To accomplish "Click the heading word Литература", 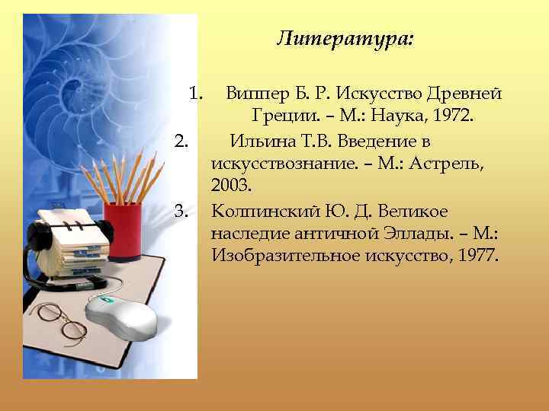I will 345,38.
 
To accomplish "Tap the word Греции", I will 276,117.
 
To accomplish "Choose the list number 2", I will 181,141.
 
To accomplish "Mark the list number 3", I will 181,210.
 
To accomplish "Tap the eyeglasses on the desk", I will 62,320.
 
